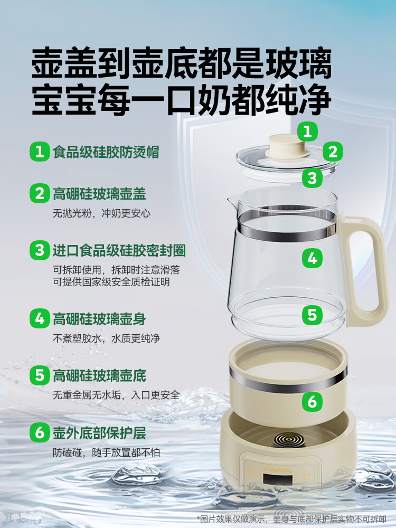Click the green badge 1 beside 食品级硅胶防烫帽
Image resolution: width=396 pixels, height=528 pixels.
(x=40, y=152)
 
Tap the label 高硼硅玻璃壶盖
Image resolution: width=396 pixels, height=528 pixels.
(x=99, y=194)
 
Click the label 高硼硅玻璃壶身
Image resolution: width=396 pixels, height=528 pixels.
(x=99, y=319)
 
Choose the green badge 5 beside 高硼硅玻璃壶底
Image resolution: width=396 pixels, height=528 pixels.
(x=40, y=376)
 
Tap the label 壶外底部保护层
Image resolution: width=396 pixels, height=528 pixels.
(x=99, y=433)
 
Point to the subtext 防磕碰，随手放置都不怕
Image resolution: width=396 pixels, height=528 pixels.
(x=106, y=452)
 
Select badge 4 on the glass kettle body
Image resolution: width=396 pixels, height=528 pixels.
(x=312, y=258)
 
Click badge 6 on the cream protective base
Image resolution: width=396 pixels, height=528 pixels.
(x=312, y=402)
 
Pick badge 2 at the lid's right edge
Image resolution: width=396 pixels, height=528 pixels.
(x=332, y=152)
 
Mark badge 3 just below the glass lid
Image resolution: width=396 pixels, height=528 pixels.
(x=312, y=177)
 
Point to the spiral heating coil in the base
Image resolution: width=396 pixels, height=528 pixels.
(x=285, y=439)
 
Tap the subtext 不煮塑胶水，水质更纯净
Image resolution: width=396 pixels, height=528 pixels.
(x=106, y=338)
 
